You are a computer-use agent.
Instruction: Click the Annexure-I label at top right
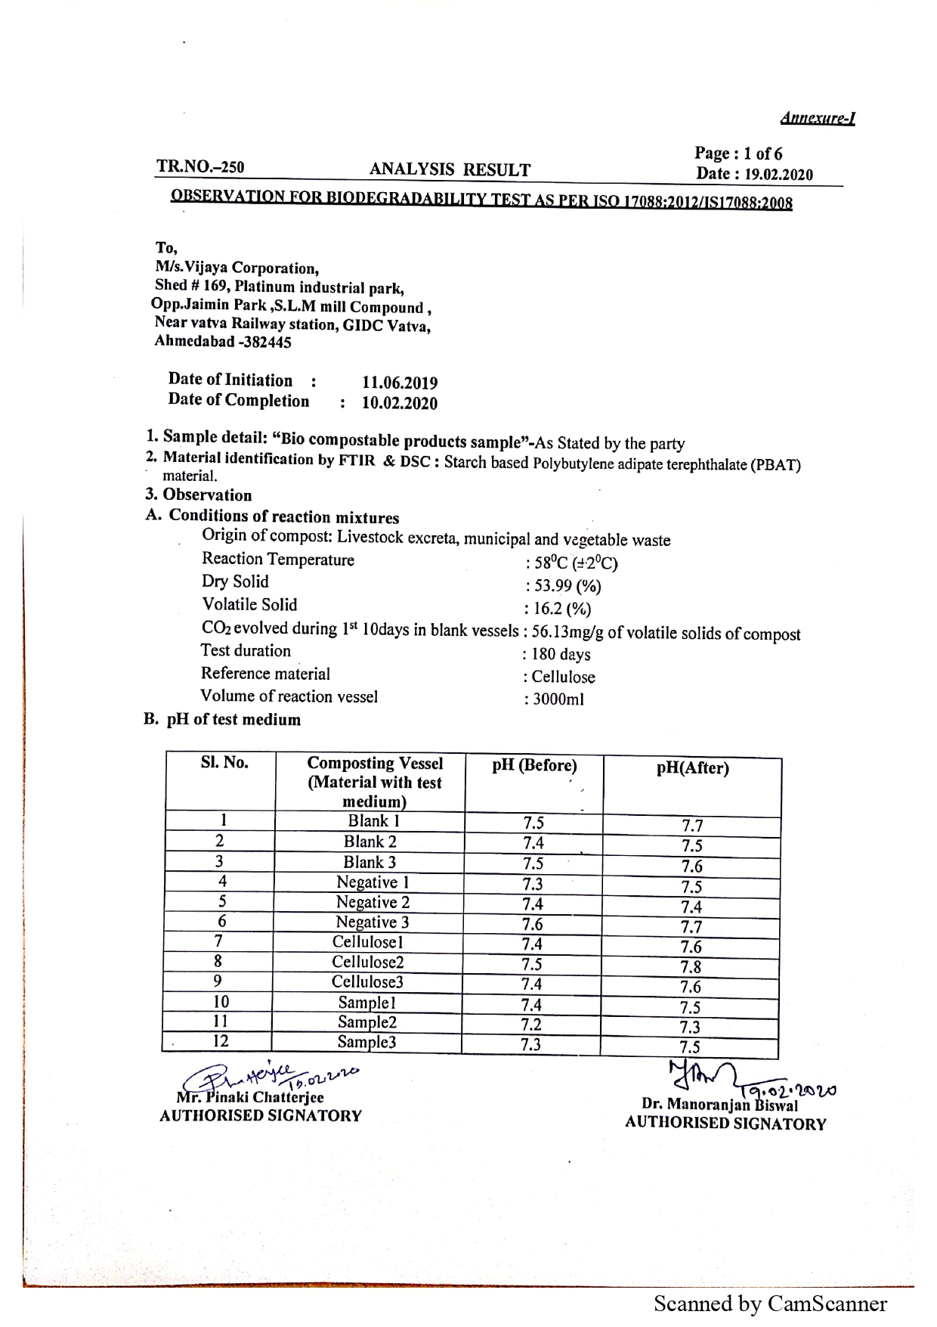click(x=817, y=119)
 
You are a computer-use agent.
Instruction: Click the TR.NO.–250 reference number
click(x=200, y=167)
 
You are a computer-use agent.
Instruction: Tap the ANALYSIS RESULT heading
click(x=450, y=170)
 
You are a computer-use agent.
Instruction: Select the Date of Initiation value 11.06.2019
click(x=400, y=383)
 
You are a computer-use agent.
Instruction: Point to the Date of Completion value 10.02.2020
click(x=400, y=403)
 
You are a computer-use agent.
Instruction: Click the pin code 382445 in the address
click(x=264, y=342)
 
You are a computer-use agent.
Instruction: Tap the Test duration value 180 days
click(x=561, y=655)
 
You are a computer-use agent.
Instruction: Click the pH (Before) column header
click(x=534, y=765)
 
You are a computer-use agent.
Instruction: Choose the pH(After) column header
click(x=692, y=768)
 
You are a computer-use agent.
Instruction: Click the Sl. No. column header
click(x=224, y=762)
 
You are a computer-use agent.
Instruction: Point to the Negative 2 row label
click(x=373, y=902)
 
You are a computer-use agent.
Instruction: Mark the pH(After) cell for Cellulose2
click(x=691, y=967)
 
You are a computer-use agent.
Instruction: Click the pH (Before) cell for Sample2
click(x=531, y=1025)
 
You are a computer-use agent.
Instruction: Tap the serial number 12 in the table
click(x=220, y=1041)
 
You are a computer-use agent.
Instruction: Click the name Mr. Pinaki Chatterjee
click(x=250, y=1097)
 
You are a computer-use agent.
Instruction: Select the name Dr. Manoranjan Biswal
click(x=719, y=1105)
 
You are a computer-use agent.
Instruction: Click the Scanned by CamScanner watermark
click(x=770, y=1304)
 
